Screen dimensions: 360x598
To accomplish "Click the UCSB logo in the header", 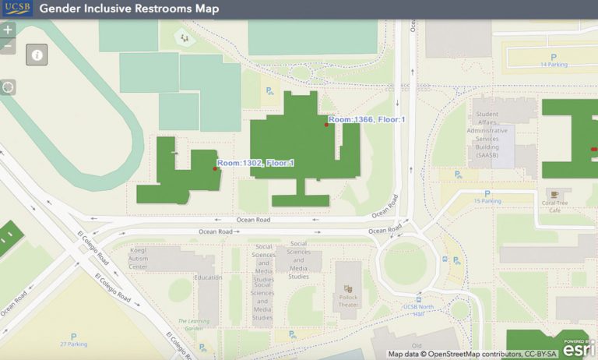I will (x=16, y=9).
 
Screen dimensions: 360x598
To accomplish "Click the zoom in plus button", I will (x=8, y=30).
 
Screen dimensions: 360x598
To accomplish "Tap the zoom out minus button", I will (x=8, y=47).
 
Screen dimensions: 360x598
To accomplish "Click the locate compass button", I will (x=8, y=86).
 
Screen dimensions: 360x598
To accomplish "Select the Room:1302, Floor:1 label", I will (x=255, y=163).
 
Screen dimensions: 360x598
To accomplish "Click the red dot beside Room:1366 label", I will (x=326, y=125).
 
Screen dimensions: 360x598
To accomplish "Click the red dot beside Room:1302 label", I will (x=215, y=168).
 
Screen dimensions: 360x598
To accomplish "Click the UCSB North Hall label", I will (x=418, y=307).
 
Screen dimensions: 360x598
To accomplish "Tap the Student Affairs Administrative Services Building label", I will (x=491, y=135).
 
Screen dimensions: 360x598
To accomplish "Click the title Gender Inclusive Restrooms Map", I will (x=128, y=9).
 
